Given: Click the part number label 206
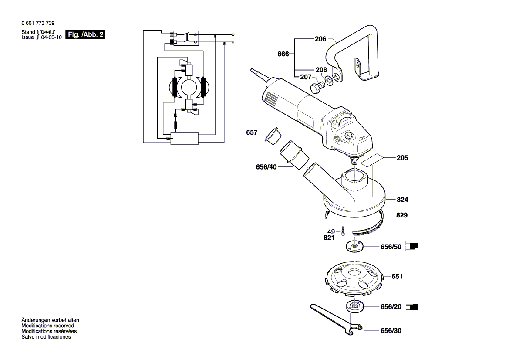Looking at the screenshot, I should (x=320, y=39).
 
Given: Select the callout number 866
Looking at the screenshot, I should (x=283, y=54).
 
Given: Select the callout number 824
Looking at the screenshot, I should (x=402, y=200).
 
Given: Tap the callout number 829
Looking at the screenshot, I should (x=402, y=215).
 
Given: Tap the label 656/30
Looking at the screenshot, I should (x=391, y=331).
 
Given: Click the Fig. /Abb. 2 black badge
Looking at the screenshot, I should (x=85, y=34).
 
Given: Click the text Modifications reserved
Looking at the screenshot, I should (x=47, y=326).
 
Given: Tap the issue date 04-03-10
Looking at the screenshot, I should (x=51, y=37).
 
